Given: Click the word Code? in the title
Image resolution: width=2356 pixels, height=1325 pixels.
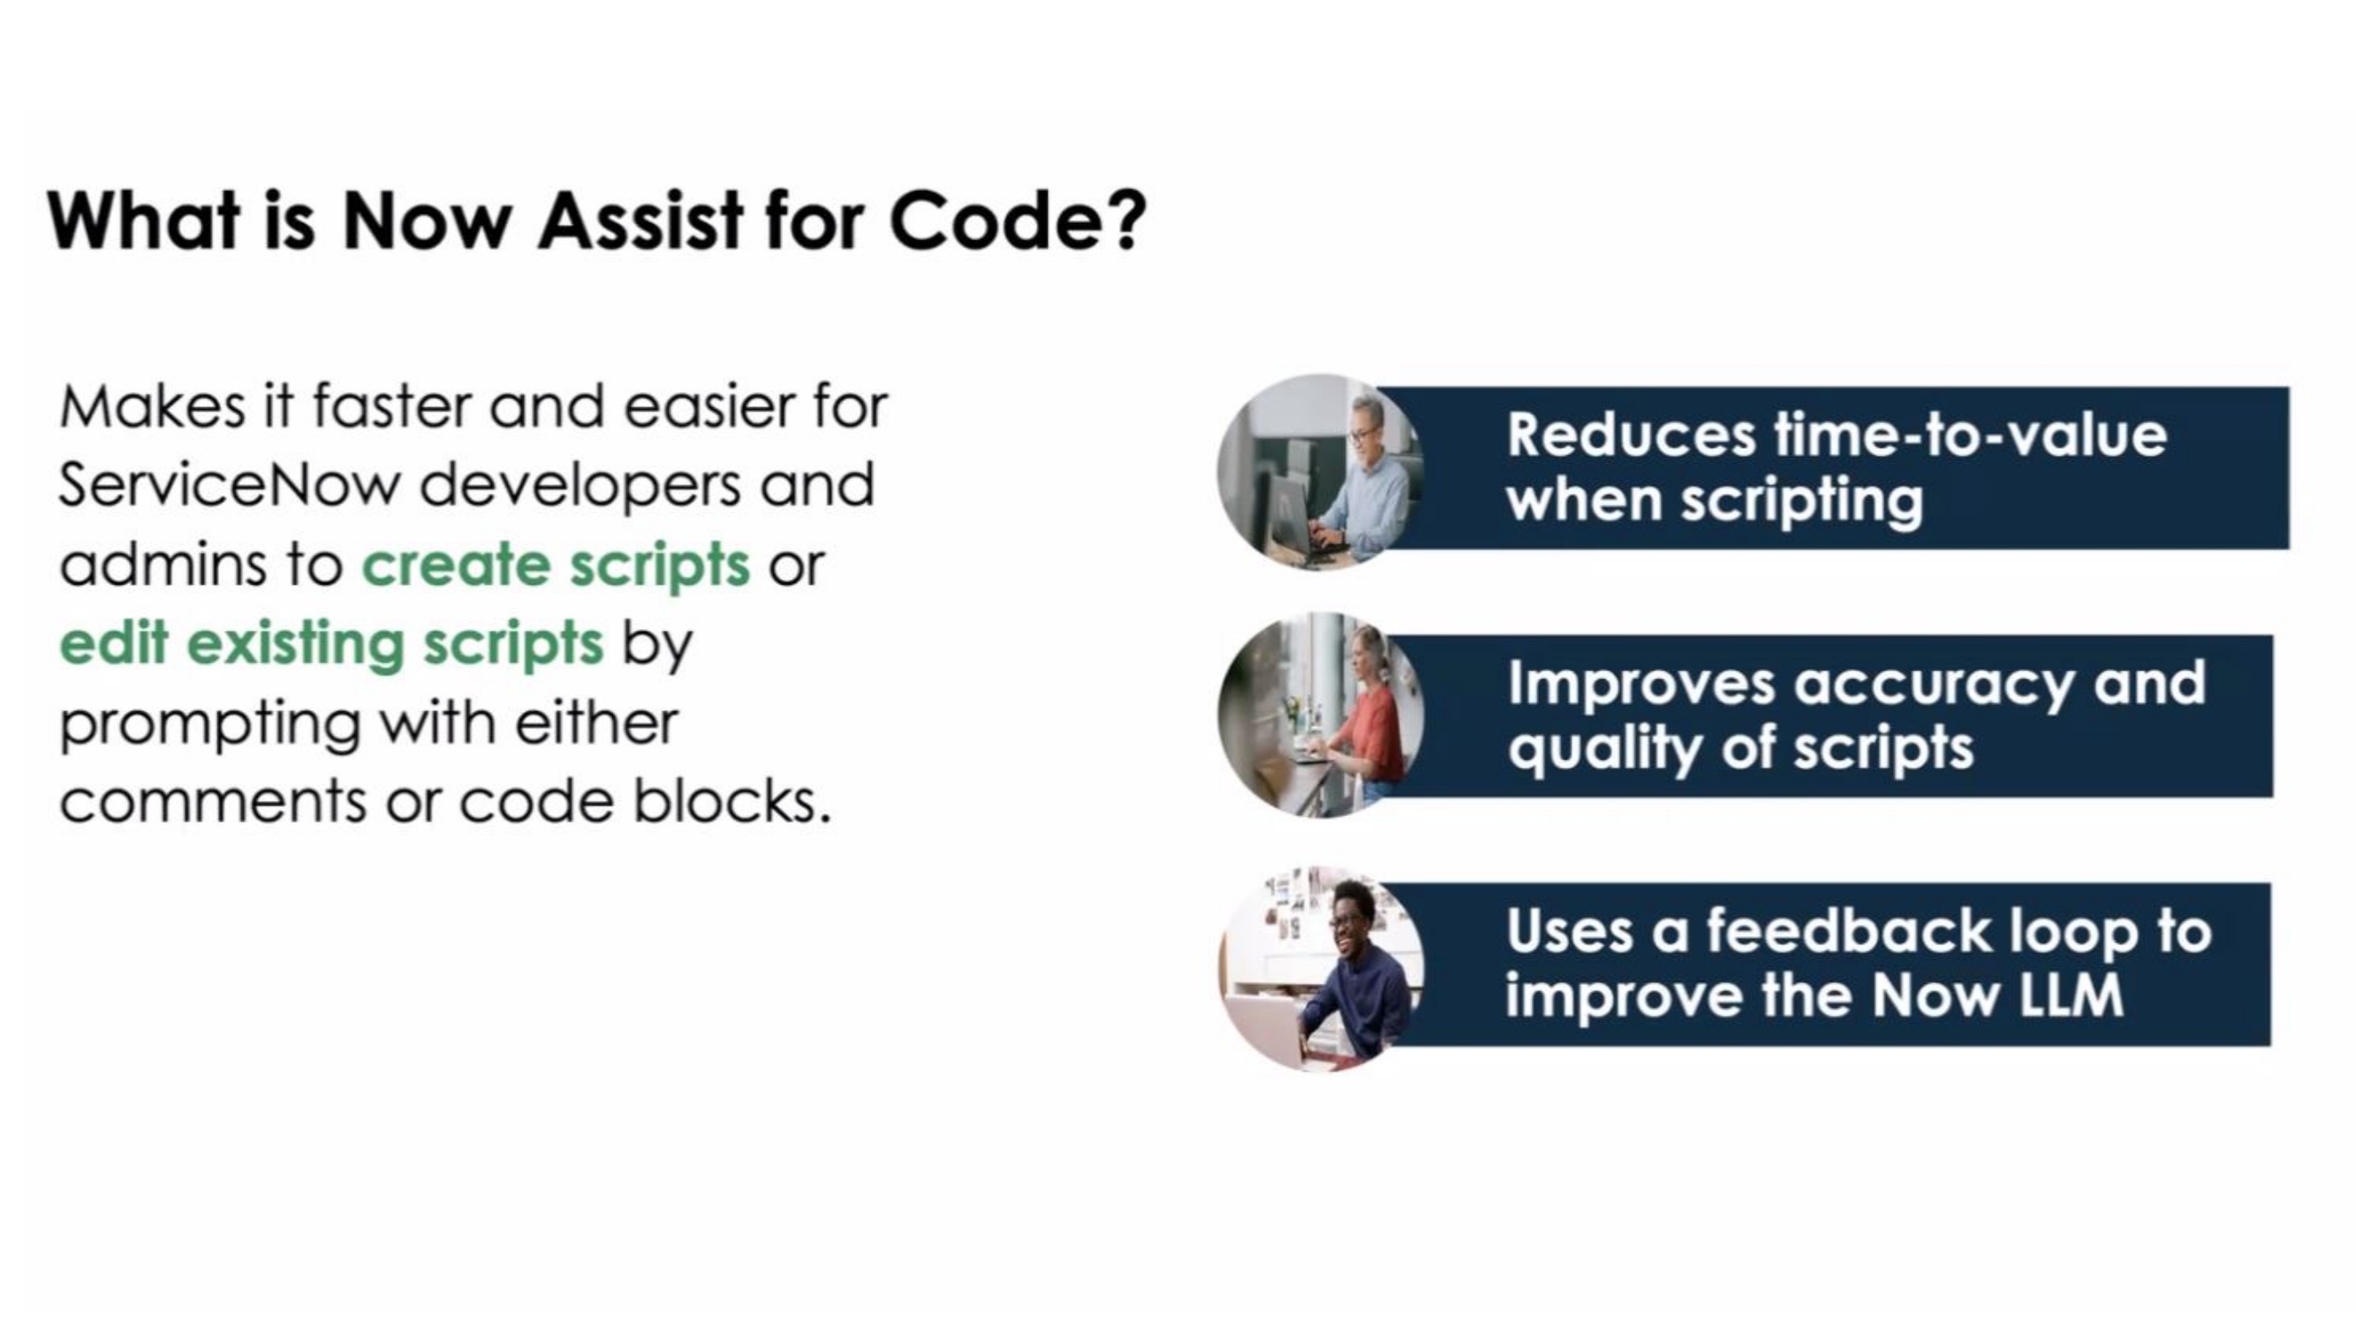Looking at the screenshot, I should tap(1017, 222).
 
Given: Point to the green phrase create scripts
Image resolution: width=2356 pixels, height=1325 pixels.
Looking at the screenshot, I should tap(556, 566).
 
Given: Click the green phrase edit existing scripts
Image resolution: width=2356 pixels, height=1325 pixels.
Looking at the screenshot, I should tap(331, 645).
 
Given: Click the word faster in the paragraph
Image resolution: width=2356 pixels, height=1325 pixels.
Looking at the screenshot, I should tap(392, 406).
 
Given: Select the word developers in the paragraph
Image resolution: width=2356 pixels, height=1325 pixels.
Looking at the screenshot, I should tap(580, 485).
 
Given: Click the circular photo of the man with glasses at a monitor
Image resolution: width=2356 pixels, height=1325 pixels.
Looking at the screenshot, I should tap(1320, 472).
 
